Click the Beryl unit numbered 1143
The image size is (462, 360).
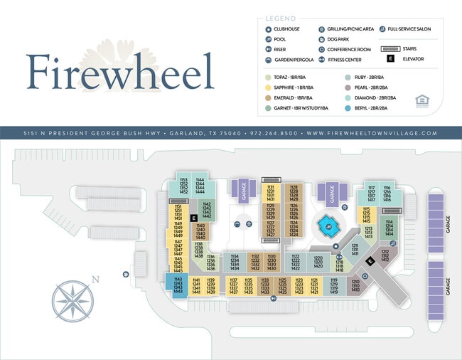(178, 285)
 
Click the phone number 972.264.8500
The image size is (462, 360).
(272, 133)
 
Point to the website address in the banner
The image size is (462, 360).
(372, 133)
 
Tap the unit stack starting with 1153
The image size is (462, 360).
(183, 186)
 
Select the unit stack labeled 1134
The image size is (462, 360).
(234, 262)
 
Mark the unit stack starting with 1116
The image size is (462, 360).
(387, 194)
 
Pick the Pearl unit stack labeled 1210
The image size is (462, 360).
(355, 286)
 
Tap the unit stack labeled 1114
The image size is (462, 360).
(389, 228)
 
